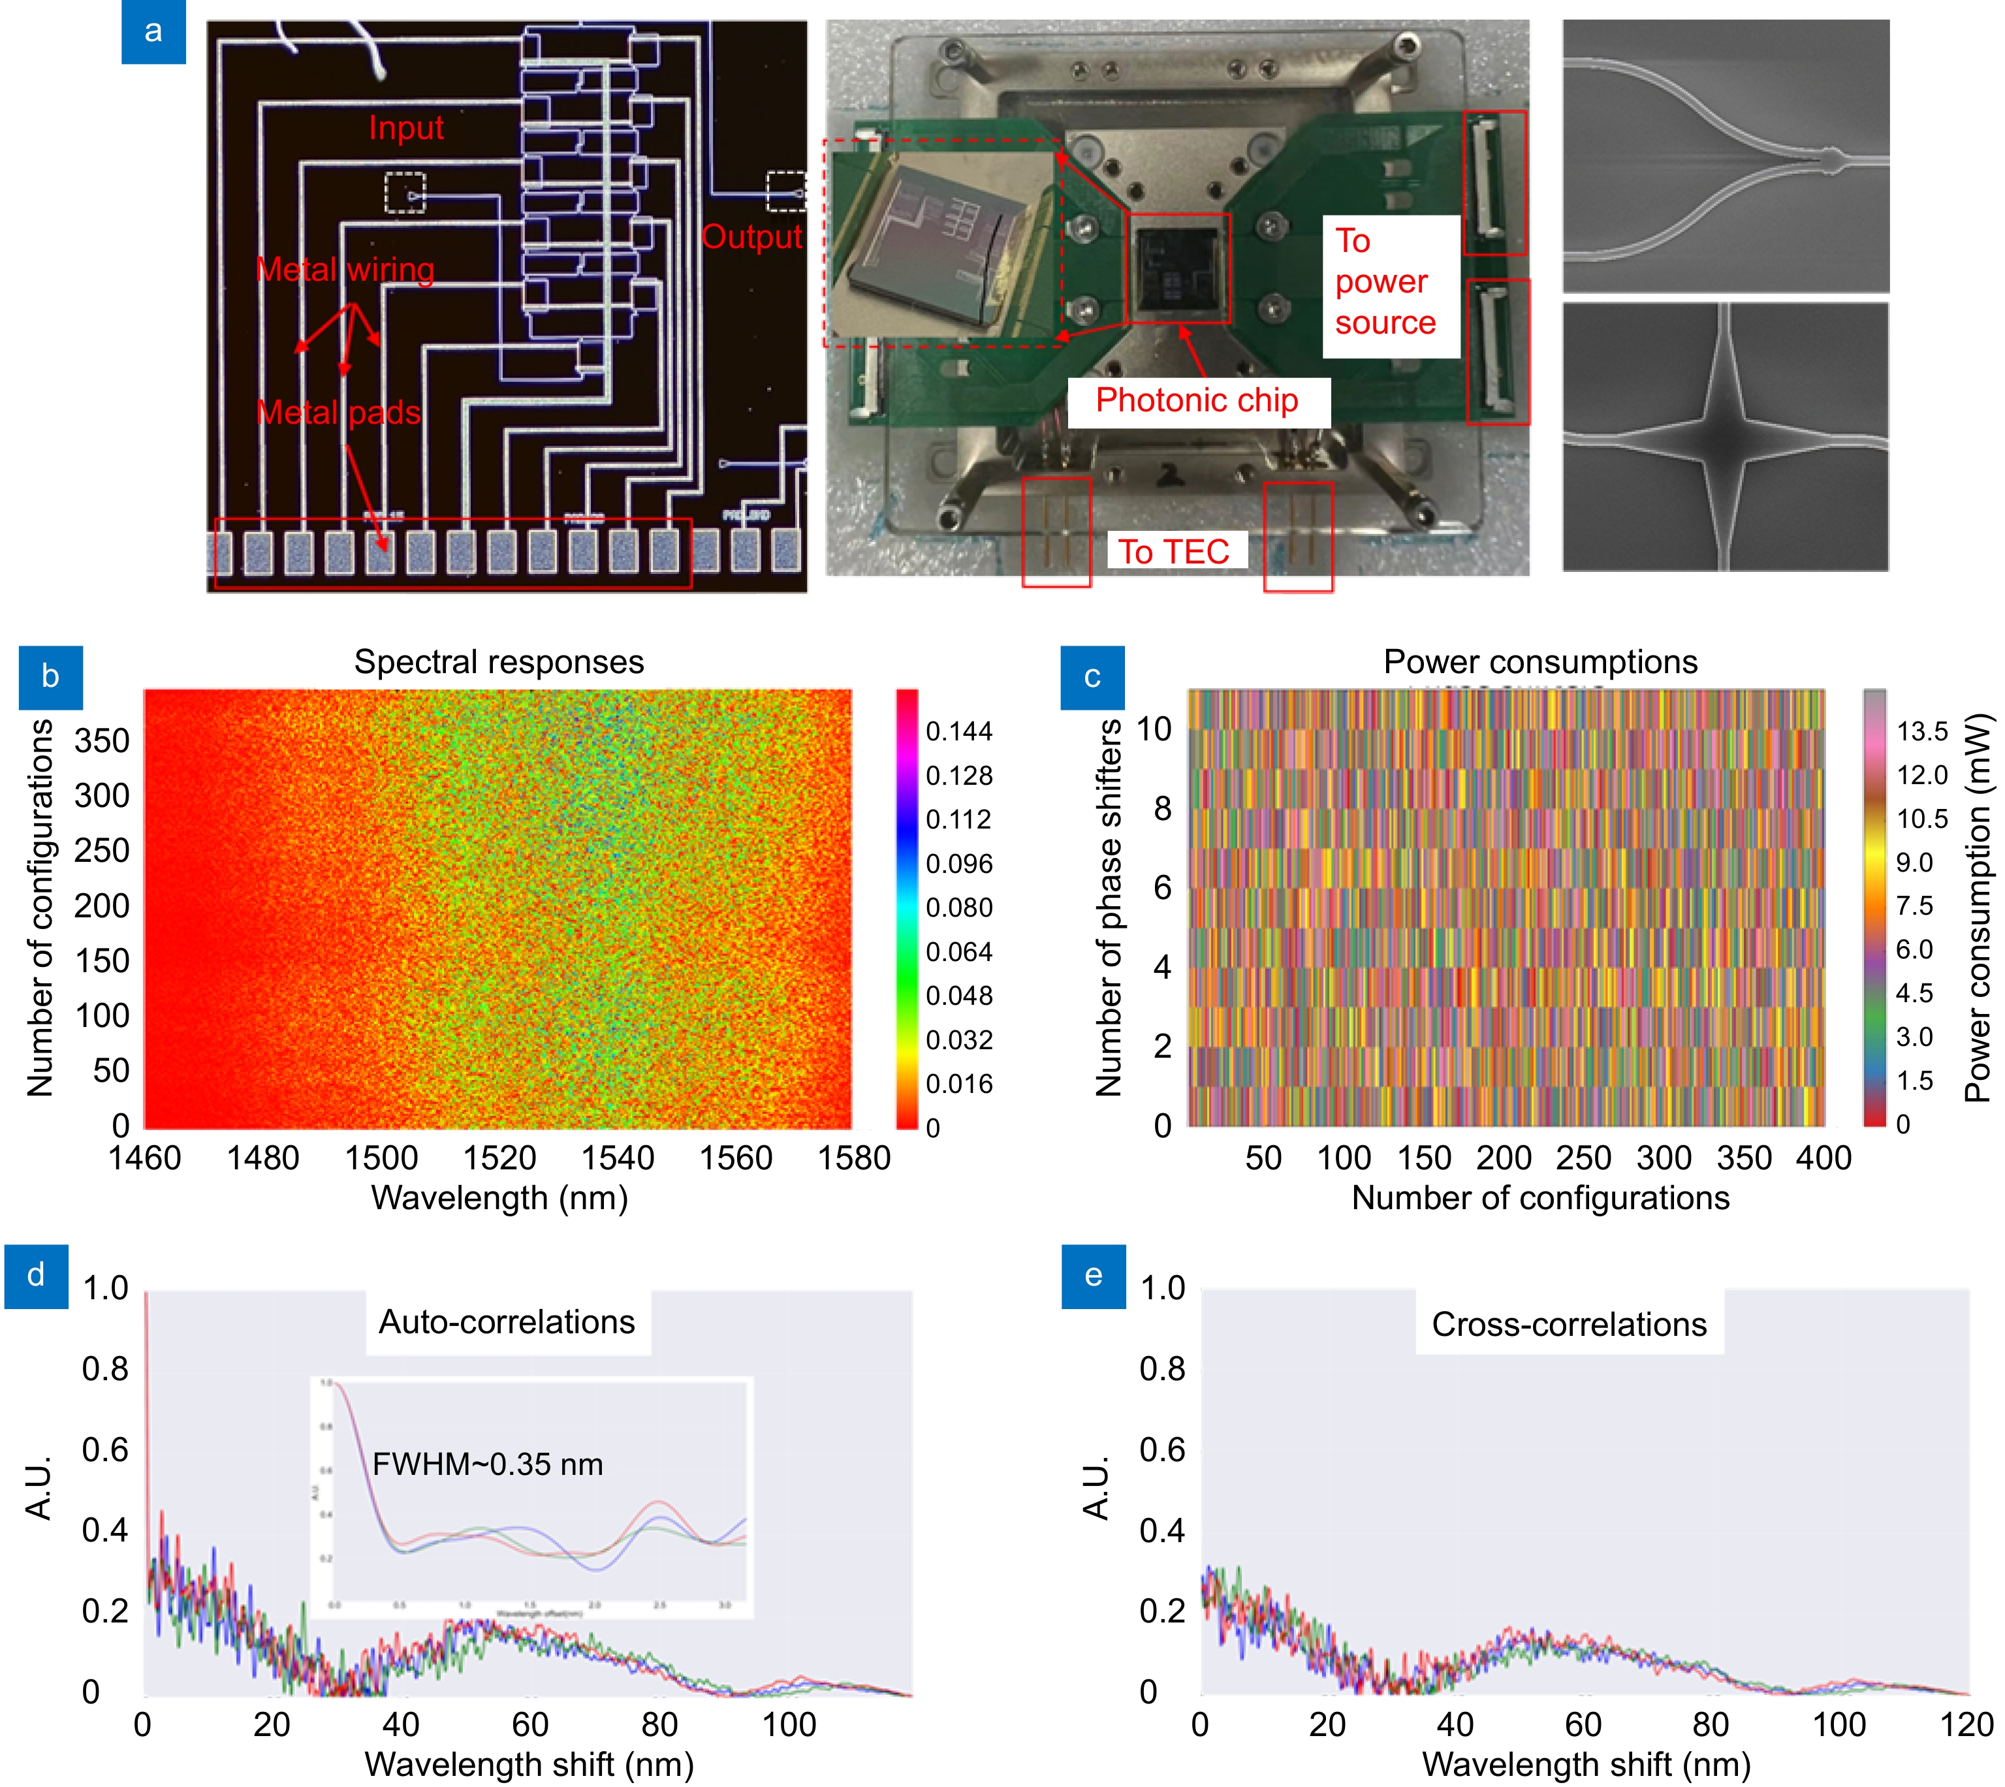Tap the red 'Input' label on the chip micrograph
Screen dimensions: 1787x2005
coord(405,128)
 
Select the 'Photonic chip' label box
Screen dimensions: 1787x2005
coord(1198,401)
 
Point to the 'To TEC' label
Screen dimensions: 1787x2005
coord(1175,552)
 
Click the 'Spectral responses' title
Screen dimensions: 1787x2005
coord(499,662)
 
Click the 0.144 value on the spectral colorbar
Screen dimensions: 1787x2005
coord(959,731)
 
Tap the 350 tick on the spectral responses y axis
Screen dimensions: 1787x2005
coord(101,740)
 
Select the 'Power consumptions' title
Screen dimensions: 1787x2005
coord(1539,662)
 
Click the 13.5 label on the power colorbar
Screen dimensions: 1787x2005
coord(1921,731)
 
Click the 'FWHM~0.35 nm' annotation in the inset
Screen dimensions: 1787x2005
coord(487,1464)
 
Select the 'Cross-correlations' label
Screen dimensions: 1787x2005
coord(1568,1325)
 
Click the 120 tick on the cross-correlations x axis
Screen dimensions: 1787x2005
coord(1966,1725)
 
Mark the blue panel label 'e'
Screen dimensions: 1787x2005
coord(1093,1275)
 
